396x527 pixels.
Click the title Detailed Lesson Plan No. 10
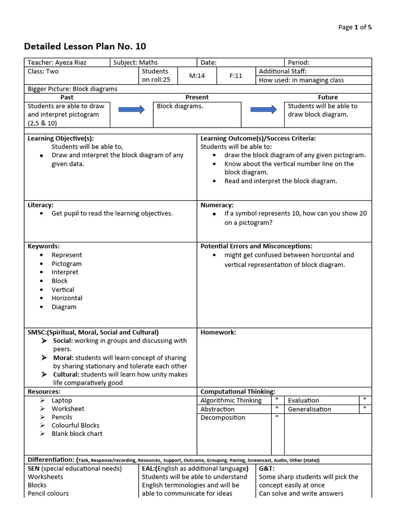click(85, 46)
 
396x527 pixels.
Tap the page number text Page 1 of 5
click(355, 27)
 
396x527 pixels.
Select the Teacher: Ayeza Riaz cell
click(57, 62)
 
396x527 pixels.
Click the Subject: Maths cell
click(136, 62)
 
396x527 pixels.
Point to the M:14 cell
click(197, 76)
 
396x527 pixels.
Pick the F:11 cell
click(236, 76)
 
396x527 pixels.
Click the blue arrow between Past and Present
click(131, 110)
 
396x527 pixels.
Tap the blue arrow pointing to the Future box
click(263, 110)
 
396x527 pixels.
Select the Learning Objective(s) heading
click(61, 138)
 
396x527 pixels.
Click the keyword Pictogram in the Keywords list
click(67, 263)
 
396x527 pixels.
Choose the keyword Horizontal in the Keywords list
click(67, 298)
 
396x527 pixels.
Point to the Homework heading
click(218, 332)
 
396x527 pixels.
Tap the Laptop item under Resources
click(62, 400)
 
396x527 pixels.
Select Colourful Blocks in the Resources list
click(75, 425)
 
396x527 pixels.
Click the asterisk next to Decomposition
click(277, 417)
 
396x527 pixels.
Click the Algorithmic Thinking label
click(231, 400)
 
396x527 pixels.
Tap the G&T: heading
click(267, 468)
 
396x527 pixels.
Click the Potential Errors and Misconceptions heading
click(256, 246)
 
